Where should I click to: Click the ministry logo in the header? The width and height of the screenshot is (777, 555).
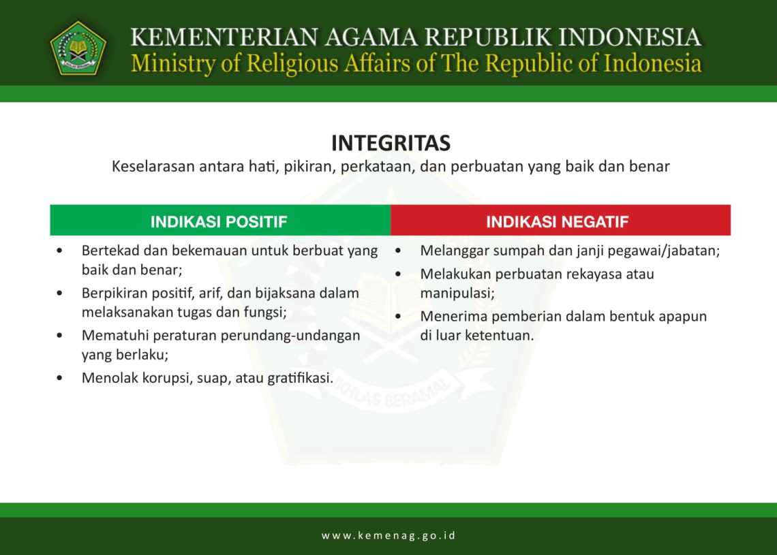[x=78, y=48]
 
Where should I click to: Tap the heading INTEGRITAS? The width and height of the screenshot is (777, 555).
[x=391, y=143]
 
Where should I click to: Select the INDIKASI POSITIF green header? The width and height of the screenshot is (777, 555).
[x=219, y=221]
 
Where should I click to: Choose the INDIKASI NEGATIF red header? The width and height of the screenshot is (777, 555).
[x=557, y=221]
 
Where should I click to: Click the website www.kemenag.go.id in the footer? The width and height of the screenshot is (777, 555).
[x=388, y=535]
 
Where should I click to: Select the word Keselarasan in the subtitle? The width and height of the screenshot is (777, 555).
[x=153, y=166]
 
